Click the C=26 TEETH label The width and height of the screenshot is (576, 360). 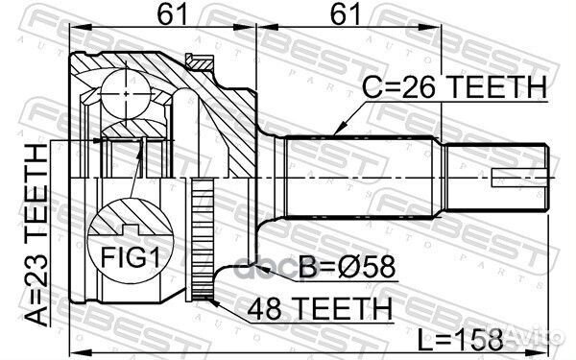(451, 87)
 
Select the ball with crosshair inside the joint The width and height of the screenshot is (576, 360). (126, 93)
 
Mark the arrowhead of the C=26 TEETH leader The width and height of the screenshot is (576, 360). (335, 132)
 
